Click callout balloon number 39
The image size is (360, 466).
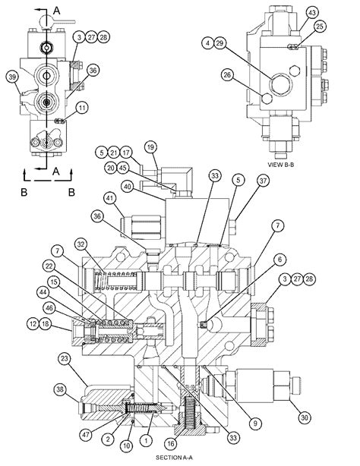[x=12, y=77]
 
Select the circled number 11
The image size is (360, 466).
[x=82, y=108]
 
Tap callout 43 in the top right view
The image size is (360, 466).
[x=312, y=13]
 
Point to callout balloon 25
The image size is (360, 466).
[x=320, y=27]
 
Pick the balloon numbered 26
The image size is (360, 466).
[x=227, y=74]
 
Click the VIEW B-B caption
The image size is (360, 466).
[x=280, y=165]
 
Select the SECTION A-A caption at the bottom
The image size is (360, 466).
[x=176, y=458]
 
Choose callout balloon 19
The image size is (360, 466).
[x=151, y=146]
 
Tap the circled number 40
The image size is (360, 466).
[x=128, y=187]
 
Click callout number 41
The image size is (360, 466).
[x=110, y=199]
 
